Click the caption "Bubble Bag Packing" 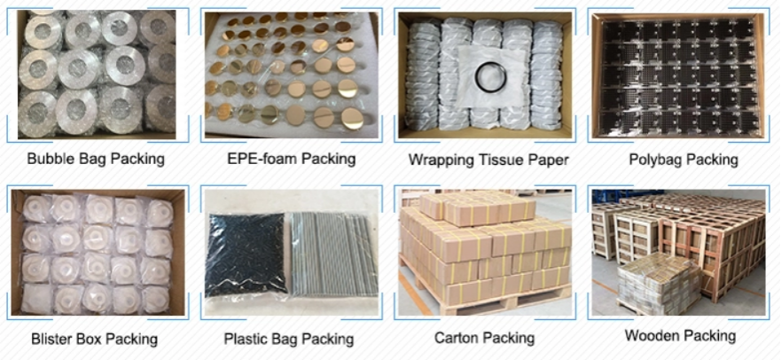pyautogui.click(x=96, y=160)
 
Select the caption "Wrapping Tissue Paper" pyautogui.click(x=488, y=160)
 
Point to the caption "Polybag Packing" pyautogui.click(x=683, y=160)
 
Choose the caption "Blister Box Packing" pyautogui.click(x=94, y=339)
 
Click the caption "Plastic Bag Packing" pyautogui.click(x=288, y=339)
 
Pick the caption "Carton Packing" pyautogui.click(x=484, y=338)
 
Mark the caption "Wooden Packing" pyautogui.click(x=680, y=336)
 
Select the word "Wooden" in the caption pyautogui.click(x=654, y=336)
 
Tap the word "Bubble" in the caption pyautogui.click(x=51, y=160)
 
